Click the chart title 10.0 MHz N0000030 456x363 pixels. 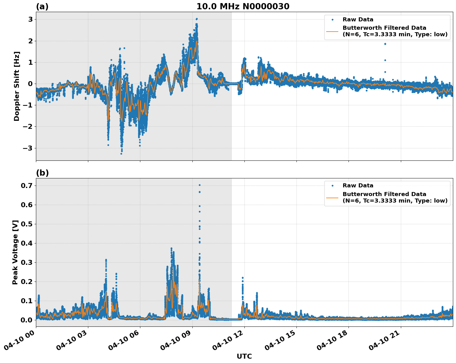[243, 7]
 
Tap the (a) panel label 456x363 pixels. [42, 7]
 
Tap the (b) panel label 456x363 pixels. [42, 173]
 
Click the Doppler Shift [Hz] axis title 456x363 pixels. [17, 86]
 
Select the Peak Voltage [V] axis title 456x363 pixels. [15, 252]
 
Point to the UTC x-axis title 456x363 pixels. [244, 356]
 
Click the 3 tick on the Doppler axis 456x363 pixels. [31, 20]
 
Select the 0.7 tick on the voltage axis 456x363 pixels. [27, 186]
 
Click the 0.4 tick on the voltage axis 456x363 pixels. [27, 243]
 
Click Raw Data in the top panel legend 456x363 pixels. [358, 20]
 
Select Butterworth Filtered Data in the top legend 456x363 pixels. [384, 28]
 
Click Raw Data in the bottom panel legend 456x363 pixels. [358, 186]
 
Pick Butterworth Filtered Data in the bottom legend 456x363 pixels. [384, 194]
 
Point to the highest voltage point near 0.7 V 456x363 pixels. [199, 185]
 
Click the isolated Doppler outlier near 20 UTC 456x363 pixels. [385, 44]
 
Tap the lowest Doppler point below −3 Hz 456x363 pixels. [121, 154]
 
